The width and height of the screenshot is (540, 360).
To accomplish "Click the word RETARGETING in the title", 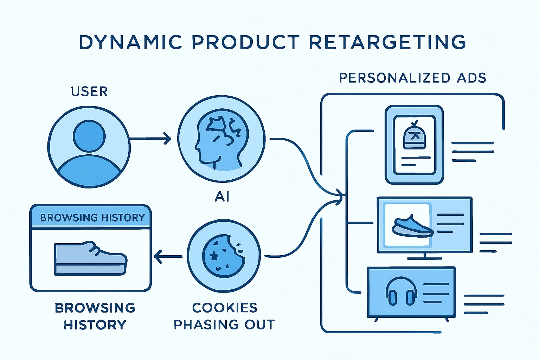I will point(388,42).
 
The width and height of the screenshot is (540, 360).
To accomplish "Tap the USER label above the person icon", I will point(89,91).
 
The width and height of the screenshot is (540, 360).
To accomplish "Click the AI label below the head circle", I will point(222,197).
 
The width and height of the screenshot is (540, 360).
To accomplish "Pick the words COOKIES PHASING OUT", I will point(224,316).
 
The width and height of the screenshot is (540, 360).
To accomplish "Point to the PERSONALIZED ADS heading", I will point(412,78).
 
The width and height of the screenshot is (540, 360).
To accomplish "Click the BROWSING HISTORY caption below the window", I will point(95,316).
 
